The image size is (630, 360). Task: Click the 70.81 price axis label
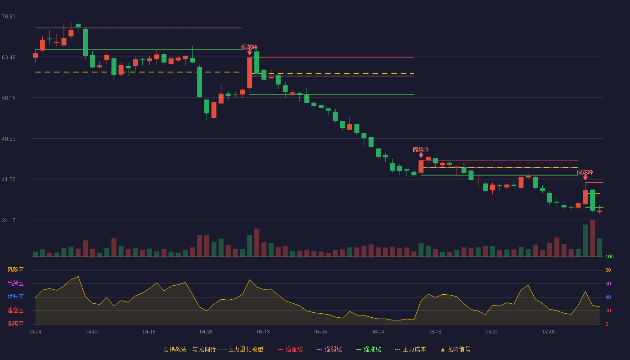pyautogui.click(x=9, y=17)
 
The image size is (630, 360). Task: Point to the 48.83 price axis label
pyautogui.click(x=9, y=139)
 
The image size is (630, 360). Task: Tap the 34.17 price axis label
pyautogui.click(x=9, y=220)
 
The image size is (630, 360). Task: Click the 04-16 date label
pyautogui.click(x=149, y=332)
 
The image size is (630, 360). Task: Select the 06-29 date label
pyautogui.click(x=492, y=332)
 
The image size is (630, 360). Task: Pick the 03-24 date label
pyautogui.click(x=35, y=332)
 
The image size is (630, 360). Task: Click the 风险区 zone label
pyautogui.click(x=15, y=270)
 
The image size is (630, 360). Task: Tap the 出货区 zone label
pyautogui.click(x=15, y=283)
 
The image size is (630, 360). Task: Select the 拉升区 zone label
pyautogui.click(x=15, y=297)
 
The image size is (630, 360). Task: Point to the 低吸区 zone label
pyautogui.click(x=15, y=324)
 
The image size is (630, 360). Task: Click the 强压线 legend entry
pyautogui.click(x=291, y=349)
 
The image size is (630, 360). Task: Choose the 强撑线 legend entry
pyautogui.click(x=369, y=349)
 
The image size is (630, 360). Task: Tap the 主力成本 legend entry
pyautogui.click(x=410, y=349)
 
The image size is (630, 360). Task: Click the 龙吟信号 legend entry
pyautogui.click(x=455, y=349)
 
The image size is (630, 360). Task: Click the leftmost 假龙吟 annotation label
pyautogui.click(x=249, y=47)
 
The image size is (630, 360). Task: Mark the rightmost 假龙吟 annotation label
pyautogui.click(x=585, y=172)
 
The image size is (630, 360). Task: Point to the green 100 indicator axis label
pyautogui.click(x=609, y=256)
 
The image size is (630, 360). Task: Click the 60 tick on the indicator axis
pyautogui.click(x=608, y=283)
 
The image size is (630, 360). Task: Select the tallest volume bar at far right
pyautogui.click(x=592, y=238)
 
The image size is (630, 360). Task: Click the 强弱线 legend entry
pyautogui.click(x=329, y=349)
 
